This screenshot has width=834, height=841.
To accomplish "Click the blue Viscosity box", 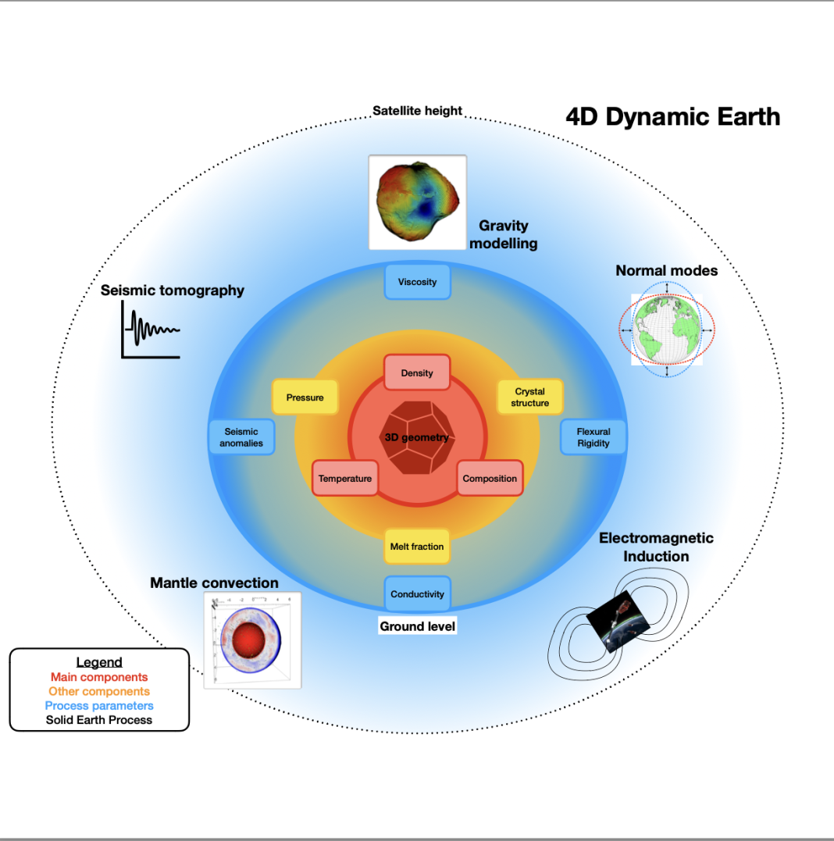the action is point(417,282).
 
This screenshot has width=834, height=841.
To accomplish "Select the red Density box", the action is point(417,372).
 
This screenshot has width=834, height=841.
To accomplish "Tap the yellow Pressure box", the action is point(305,397).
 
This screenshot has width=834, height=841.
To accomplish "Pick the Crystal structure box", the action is point(530,397).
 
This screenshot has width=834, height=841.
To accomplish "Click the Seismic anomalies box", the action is point(241,437).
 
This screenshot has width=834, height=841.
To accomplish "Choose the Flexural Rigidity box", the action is point(593,437).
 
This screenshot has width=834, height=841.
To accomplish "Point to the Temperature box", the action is point(345,478).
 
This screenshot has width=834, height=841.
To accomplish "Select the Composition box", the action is point(490,478).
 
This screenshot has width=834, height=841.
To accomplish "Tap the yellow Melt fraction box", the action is point(417,547).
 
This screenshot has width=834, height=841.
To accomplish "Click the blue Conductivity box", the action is point(417,593).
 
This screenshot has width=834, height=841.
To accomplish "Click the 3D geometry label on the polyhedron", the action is point(417,437).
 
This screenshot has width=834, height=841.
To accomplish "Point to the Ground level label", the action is point(417,626).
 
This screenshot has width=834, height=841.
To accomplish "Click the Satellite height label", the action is point(417,110).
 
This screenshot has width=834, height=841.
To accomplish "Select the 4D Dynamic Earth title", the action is point(672,116).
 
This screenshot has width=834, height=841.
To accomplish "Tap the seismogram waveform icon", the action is point(151,330).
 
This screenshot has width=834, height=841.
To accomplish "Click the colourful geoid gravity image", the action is point(418,201).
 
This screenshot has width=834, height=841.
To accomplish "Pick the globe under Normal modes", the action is point(667,330).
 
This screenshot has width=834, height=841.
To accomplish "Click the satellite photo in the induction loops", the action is point(618,621).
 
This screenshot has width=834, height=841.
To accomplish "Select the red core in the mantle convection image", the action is point(249,640).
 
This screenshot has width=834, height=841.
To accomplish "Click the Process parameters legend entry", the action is point(99,705).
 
